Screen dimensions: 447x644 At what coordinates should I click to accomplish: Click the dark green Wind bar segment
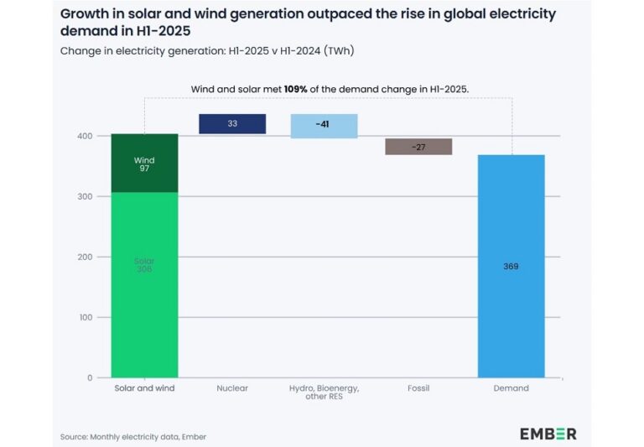(x=144, y=164)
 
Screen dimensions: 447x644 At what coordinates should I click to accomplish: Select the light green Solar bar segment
(x=144, y=285)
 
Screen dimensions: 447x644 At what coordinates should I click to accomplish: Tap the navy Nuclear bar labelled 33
(x=232, y=124)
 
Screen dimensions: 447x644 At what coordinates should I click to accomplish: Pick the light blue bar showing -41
(x=324, y=126)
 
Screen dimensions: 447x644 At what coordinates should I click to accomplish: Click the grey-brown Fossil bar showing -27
(x=418, y=147)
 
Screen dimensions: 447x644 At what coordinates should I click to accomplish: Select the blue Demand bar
(x=512, y=266)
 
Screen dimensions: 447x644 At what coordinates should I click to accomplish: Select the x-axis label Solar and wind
(x=144, y=388)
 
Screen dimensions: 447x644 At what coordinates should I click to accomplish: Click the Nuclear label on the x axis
(x=232, y=388)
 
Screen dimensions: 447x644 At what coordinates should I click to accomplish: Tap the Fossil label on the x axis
(x=418, y=388)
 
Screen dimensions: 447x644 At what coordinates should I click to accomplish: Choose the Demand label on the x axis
(x=511, y=388)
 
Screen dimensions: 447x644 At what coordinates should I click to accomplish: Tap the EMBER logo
(x=548, y=434)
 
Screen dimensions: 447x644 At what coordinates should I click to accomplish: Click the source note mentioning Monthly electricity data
(x=133, y=437)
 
